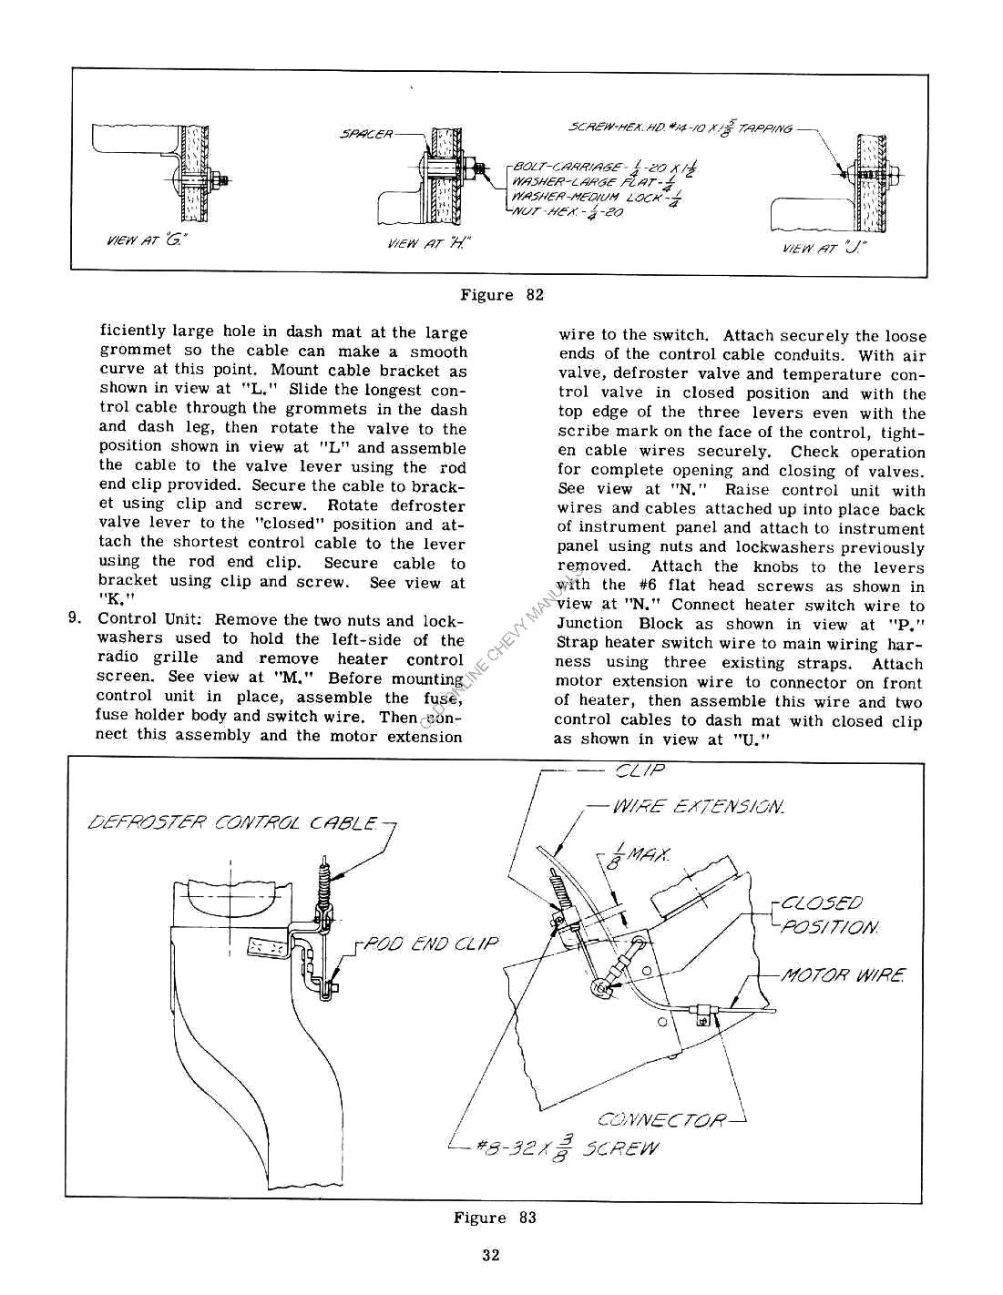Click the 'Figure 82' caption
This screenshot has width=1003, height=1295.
(x=501, y=295)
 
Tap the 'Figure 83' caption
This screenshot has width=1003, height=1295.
(x=495, y=1218)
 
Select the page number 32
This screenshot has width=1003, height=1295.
(x=491, y=1255)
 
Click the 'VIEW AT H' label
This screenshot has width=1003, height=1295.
(x=428, y=243)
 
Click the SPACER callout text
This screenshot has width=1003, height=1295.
(x=366, y=135)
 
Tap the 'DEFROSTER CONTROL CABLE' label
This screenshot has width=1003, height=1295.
(x=231, y=824)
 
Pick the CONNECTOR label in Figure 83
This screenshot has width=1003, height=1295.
(x=662, y=1119)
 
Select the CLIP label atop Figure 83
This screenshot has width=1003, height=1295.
(x=640, y=770)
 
